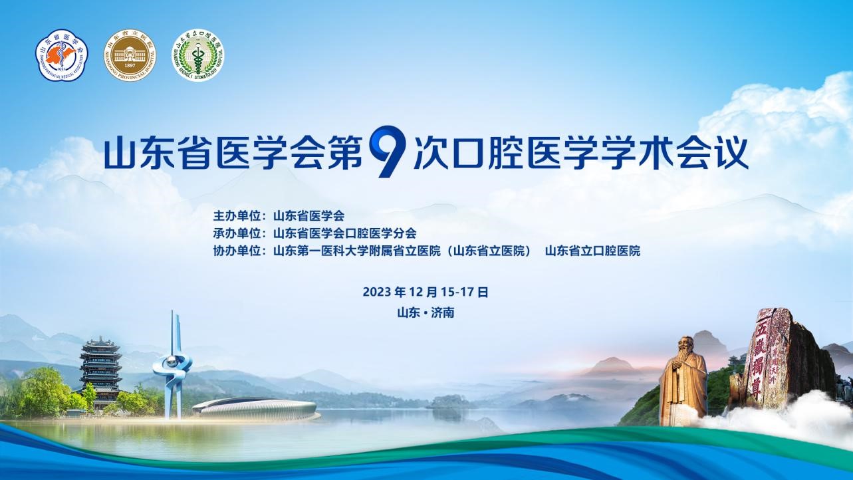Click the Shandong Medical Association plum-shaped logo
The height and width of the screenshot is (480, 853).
(x=62, y=55)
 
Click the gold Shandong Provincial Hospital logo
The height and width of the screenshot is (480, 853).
(x=130, y=55)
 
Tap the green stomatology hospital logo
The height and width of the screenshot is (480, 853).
(x=197, y=55)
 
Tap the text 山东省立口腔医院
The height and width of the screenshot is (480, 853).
(x=592, y=251)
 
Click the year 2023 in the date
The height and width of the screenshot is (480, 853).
(x=377, y=292)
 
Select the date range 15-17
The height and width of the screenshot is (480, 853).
(x=457, y=292)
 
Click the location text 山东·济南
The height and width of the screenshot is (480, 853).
(x=426, y=312)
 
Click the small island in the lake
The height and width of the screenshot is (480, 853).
(x=444, y=402)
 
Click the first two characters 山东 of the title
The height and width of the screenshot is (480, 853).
(x=138, y=154)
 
